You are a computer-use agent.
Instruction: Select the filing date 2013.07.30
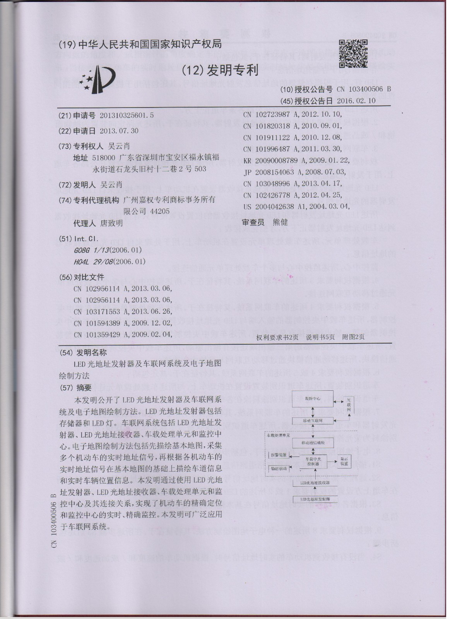point(119,130)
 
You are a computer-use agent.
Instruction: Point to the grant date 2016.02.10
point(356,101)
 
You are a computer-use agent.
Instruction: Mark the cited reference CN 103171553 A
point(122,311)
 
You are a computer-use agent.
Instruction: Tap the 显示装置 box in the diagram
point(343,462)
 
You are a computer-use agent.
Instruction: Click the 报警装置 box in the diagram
point(279,456)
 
